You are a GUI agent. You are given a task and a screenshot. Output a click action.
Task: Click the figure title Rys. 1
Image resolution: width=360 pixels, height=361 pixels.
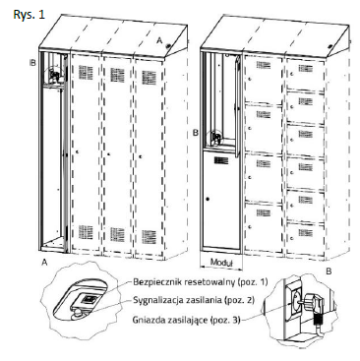click(x=29, y=15)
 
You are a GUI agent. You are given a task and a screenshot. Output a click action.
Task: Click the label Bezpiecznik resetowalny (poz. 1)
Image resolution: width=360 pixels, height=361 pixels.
click(x=201, y=282)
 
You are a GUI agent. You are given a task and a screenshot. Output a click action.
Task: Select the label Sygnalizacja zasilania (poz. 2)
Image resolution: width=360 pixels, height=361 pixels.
click(x=194, y=300)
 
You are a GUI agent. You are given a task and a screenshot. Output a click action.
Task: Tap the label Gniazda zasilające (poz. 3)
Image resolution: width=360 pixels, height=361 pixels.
click(x=187, y=320)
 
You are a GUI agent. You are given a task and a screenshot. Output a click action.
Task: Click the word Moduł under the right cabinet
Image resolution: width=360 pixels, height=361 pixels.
click(x=221, y=263)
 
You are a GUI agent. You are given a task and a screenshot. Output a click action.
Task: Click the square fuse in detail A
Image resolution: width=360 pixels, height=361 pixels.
click(x=89, y=299)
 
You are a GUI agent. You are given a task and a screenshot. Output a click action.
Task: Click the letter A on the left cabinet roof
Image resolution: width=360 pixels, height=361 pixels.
click(x=159, y=40)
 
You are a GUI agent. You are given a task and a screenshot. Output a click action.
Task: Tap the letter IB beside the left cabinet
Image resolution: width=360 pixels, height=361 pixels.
click(x=32, y=62)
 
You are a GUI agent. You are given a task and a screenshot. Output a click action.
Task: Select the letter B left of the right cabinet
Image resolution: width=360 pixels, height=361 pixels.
click(x=196, y=133)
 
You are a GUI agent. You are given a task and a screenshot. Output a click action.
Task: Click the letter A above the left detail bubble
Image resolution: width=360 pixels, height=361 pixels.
click(x=44, y=262)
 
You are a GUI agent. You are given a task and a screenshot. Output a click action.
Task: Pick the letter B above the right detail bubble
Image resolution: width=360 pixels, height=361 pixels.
click(x=329, y=271)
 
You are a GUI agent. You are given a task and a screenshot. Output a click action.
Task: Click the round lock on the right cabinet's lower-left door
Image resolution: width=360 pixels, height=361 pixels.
click(x=208, y=199)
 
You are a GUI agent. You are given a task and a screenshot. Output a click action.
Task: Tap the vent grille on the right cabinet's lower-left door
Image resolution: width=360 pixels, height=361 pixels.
click(x=221, y=160)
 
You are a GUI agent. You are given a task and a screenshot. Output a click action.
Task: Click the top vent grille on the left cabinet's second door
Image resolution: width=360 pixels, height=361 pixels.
click(x=117, y=75)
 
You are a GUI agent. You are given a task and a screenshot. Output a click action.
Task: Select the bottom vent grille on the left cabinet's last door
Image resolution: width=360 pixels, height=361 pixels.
click(x=149, y=237)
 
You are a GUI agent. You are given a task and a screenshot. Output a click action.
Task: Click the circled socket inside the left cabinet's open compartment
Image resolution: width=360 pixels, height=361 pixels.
click(x=55, y=76)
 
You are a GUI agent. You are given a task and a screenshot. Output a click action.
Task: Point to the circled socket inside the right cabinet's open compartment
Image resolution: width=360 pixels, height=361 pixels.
click(x=216, y=138)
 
